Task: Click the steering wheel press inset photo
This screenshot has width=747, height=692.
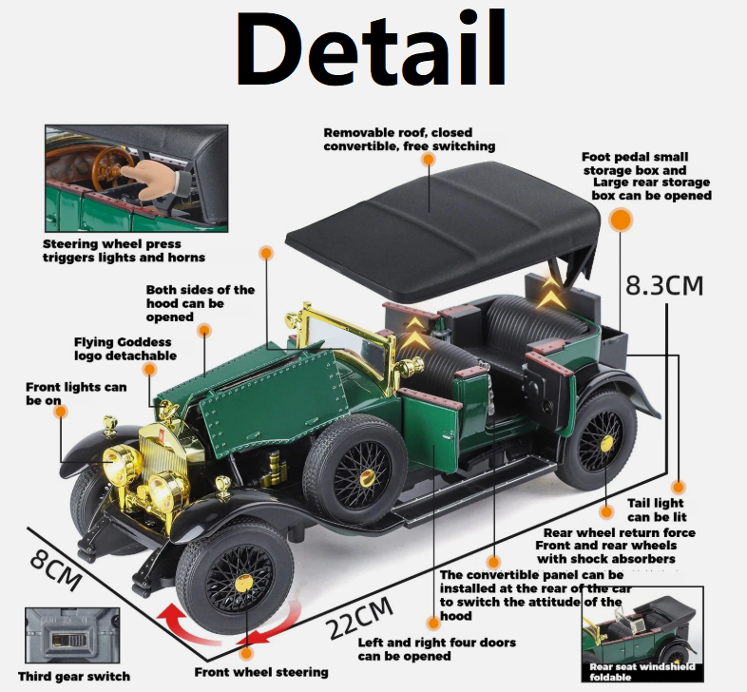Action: pos(136,178)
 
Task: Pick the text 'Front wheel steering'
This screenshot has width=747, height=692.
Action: pos(261,672)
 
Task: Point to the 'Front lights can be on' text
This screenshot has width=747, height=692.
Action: pos(76,394)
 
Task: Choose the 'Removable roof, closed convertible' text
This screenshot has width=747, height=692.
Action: pos(410,140)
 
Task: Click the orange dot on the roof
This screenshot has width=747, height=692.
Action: pos(429,161)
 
